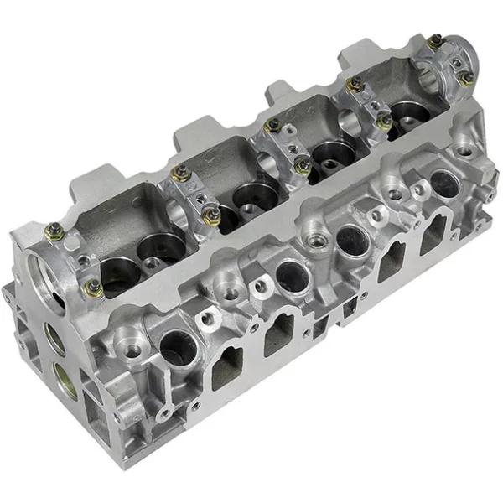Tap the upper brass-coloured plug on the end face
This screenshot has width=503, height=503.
[x=53, y=338]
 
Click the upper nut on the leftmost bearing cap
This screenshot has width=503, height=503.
[x=52, y=228]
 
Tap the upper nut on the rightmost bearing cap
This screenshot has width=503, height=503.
[x=433, y=39]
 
